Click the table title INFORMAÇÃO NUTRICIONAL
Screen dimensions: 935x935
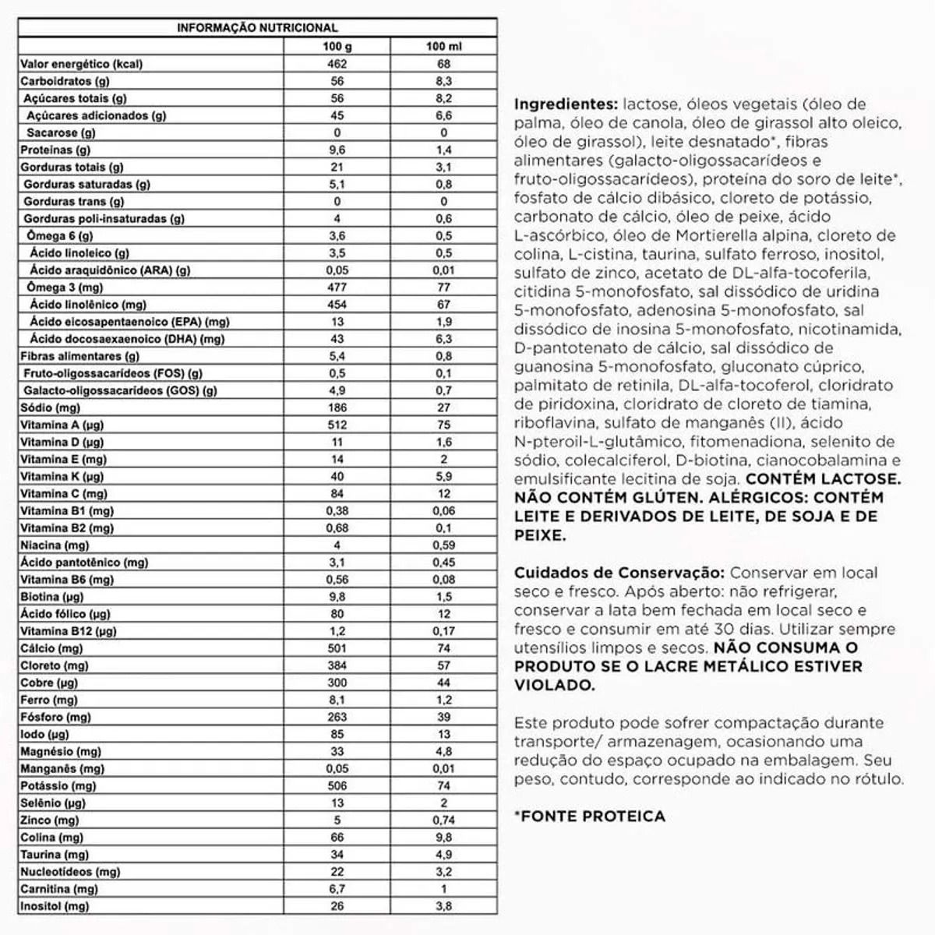257,28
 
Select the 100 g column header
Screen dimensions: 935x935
337,47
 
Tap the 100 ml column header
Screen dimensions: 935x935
443,47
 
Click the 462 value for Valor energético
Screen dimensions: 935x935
337,64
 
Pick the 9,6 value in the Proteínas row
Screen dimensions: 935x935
337,150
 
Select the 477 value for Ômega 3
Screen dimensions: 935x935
337,288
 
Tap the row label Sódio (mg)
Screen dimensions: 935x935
50,408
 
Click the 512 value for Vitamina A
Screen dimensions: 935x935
337,425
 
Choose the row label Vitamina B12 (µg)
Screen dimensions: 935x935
68,631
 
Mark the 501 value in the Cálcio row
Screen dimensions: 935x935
337,648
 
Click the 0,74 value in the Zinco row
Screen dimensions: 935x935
443,820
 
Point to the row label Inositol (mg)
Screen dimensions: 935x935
55,906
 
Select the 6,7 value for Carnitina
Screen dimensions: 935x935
337,889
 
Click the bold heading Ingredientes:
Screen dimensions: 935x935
566,104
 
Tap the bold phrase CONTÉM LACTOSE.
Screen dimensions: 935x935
823,479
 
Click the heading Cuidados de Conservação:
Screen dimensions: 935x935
619,573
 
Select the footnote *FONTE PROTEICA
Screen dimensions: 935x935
590,817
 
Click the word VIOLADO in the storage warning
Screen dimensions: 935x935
552,686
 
